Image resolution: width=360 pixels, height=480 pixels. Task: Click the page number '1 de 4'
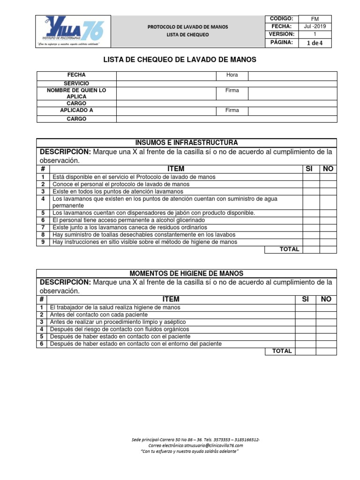(315, 43)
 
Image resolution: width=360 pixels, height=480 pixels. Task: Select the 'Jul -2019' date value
(315, 27)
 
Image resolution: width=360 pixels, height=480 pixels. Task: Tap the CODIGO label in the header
(281, 18)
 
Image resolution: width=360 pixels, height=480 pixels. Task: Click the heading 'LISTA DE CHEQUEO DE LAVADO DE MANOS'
(180, 60)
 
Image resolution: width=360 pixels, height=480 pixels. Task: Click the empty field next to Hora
(292, 75)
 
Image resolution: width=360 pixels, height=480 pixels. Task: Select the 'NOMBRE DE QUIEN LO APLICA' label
(76, 93)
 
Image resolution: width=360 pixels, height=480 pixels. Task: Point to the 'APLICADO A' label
(76, 111)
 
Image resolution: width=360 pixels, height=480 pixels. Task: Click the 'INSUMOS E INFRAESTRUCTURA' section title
(186, 142)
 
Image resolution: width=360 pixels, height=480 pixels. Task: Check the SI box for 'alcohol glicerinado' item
(311, 220)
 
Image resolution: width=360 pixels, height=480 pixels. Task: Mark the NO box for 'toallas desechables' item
(328, 235)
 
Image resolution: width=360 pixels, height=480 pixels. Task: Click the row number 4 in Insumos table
(42, 199)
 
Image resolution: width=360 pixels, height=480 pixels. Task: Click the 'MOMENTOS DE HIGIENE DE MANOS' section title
(186, 273)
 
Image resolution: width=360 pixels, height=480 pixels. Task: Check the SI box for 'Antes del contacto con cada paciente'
(305, 315)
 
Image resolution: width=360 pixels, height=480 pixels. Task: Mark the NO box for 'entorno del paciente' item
(326, 344)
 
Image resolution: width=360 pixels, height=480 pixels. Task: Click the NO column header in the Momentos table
(326, 300)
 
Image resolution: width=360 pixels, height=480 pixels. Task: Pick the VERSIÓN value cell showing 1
(315, 35)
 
